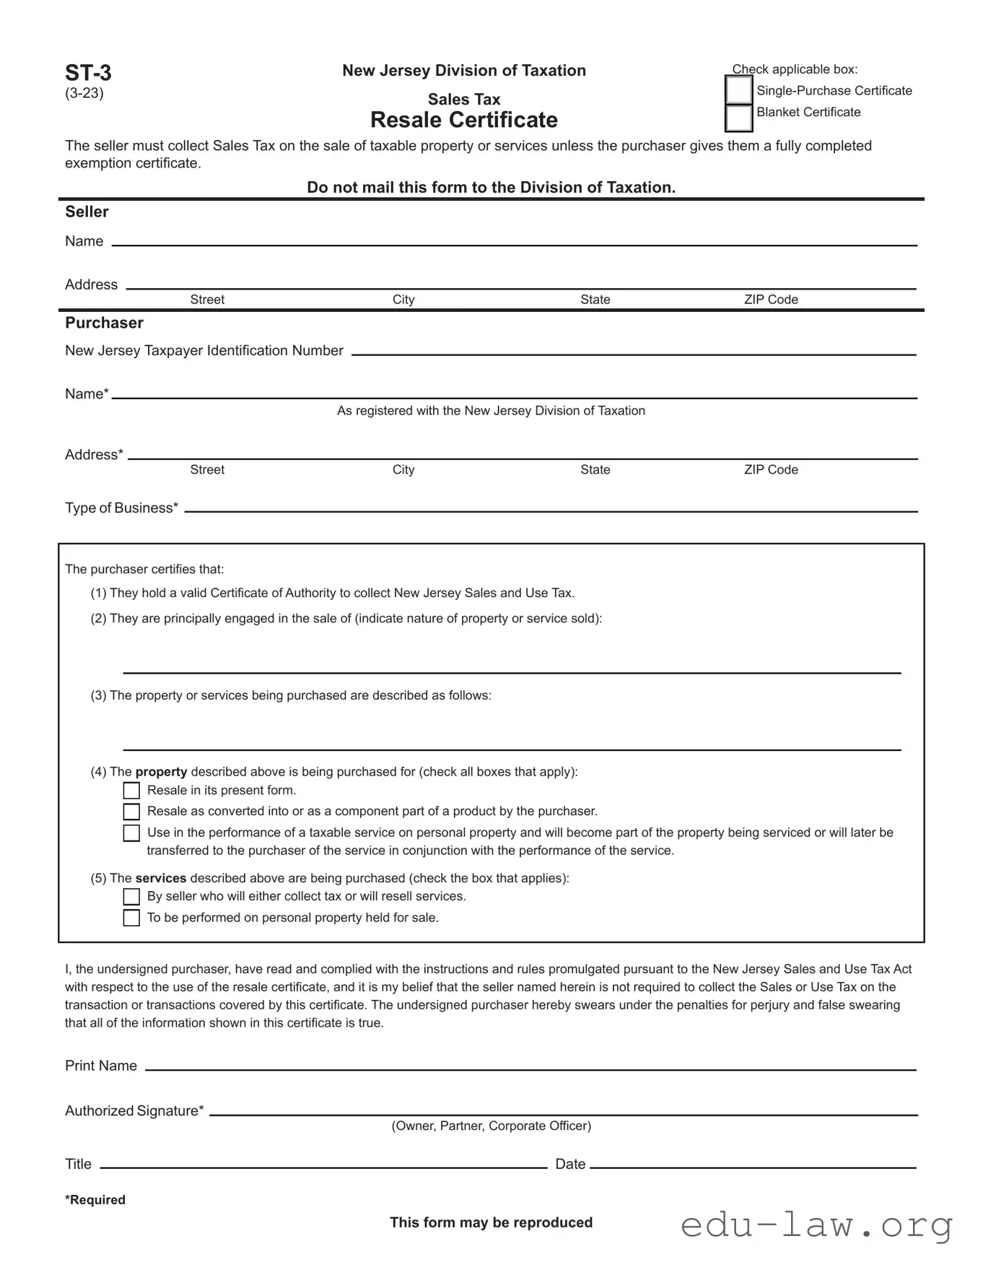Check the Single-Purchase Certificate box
738,90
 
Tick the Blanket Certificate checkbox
738,118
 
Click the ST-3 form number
88,73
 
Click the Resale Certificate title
463,120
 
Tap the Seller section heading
87,212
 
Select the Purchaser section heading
104,323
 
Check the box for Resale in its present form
131,791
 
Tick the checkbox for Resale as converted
131,812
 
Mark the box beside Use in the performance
131,833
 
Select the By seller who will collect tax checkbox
131,897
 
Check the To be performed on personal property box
131,918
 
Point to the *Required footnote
95,1200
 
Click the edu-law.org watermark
816,1226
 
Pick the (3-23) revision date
84,93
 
